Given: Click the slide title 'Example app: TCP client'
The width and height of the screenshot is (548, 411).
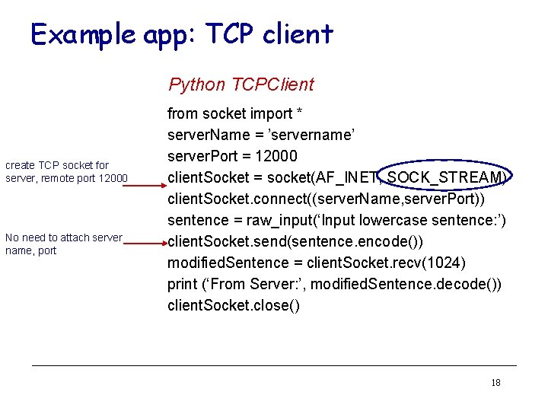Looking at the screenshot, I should click(x=181, y=34).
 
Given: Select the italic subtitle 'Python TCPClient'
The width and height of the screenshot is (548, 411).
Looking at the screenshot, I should click(x=241, y=84).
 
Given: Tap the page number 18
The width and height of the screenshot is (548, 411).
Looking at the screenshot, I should click(x=495, y=383).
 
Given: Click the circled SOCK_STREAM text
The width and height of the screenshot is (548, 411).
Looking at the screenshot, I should click(x=446, y=177).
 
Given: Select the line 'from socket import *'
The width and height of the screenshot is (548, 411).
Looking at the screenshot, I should click(x=235, y=113).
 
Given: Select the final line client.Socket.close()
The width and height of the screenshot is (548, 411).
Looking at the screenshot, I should click(x=234, y=305).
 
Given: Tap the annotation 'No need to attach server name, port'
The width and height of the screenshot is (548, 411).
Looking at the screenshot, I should click(x=63, y=244).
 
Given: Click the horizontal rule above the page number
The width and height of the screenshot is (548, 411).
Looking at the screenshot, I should click(x=274, y=366).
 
